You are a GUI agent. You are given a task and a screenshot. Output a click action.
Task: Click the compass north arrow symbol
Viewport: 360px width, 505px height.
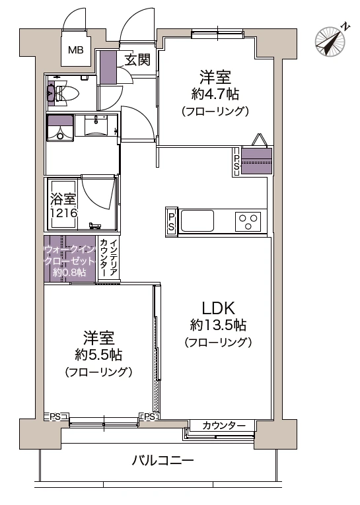[x=332, y=40]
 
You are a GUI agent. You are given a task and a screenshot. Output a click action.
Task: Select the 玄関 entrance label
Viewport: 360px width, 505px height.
[x=137, y=59]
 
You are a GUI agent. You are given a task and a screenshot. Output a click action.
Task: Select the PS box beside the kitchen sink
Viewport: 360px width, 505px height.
[x=171, y=221]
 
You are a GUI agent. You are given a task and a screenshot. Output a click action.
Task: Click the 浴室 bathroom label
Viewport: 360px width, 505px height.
[x=64, y=199]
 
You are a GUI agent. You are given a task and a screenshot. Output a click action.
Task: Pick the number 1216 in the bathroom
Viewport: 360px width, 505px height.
[x=64, y=213]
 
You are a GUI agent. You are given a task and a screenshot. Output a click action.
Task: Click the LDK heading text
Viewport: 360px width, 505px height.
[x=219, y=308]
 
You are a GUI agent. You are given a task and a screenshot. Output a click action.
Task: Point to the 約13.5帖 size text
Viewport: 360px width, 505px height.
[x=218, y=325]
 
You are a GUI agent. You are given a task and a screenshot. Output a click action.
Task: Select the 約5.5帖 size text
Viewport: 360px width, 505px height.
[x=98, y=354]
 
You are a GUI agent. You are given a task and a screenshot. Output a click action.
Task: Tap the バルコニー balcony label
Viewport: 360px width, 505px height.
[x=162, y=460]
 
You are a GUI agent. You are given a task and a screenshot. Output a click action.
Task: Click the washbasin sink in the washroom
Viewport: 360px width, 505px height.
[x=98, y=124]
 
